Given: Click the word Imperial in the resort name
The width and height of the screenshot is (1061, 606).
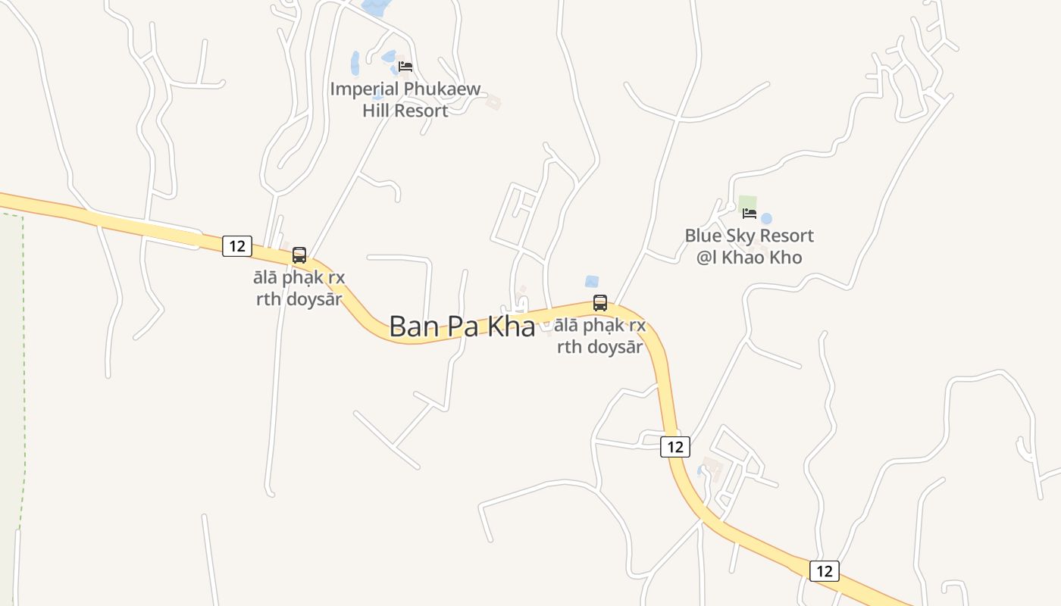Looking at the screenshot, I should (x=364, y=89).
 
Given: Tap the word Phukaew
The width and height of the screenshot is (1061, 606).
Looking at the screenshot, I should (x=442, y=89).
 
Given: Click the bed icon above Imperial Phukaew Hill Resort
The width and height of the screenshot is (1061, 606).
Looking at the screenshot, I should (x=405, y=67).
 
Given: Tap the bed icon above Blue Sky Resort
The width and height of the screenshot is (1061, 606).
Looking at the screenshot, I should (x=750, y=214).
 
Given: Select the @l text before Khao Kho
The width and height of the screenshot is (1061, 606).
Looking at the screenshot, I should (x=706, y=258).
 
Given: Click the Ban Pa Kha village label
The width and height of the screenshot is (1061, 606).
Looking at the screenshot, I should (x=462, y=326).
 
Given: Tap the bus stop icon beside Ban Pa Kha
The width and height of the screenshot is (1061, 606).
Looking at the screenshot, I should (x=600, y=303).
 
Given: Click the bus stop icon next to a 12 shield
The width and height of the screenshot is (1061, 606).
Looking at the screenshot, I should (x=299, y=255).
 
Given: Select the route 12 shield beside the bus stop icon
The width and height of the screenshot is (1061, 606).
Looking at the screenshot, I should (x=237, y=245).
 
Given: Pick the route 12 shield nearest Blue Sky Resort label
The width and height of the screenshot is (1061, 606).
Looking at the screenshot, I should (x=675, y=447).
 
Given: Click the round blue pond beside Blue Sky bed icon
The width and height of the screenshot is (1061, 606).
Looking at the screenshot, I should (x=766, y=219).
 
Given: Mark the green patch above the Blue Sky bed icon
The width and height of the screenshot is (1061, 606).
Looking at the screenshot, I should (x=747, y=202).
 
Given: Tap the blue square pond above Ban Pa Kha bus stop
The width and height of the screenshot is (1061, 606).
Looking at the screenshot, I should (x=592, y=282).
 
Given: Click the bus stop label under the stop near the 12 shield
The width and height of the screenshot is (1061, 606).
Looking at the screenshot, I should (x=299, y=288).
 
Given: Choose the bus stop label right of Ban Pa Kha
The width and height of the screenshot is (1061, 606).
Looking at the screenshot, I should (x=599, y=336).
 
